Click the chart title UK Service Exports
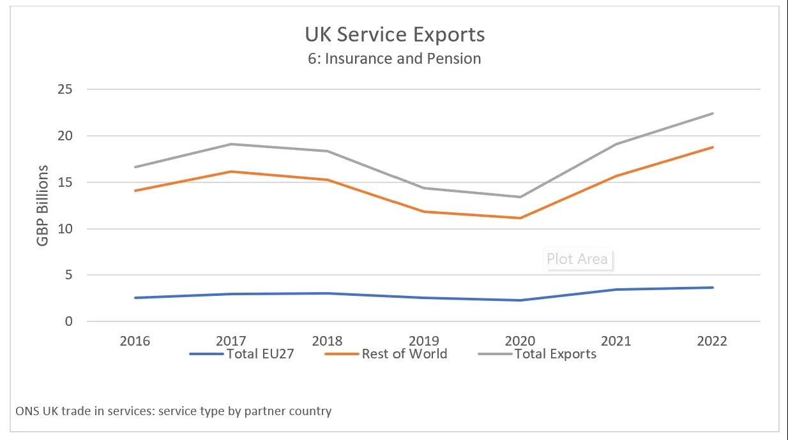395,34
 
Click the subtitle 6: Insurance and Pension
395,59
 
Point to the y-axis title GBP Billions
42,205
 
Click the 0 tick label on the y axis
68,321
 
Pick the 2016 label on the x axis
135,341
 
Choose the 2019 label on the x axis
423,341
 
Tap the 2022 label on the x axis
712,341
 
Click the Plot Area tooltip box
577,259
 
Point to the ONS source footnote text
174,411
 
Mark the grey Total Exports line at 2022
712,114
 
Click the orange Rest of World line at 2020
520,218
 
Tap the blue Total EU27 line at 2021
616,290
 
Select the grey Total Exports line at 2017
231,144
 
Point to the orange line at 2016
135,191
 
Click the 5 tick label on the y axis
68,275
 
